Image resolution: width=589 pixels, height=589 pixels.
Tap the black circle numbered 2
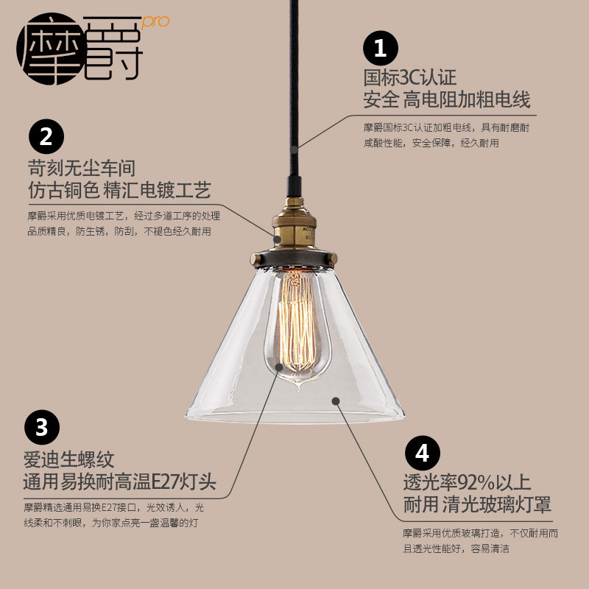[46, 137]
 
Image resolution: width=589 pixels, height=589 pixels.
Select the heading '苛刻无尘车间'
[82, 168]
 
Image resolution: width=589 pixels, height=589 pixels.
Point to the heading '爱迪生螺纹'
[70, 461]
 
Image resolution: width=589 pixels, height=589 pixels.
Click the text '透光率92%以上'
[466, 483]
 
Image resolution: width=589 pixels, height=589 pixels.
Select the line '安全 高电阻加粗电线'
[447, 99]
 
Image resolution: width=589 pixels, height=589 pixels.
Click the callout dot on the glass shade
[335, 401]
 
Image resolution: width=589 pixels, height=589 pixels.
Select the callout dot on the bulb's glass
[279, 365]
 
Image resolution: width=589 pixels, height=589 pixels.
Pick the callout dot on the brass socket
[278, 238]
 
